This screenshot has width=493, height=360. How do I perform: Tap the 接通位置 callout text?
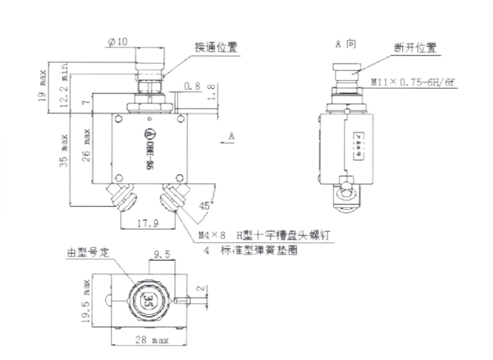[216, 47]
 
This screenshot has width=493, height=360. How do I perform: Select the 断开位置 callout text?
[415, 48]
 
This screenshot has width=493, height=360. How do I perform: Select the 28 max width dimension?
[151, 341]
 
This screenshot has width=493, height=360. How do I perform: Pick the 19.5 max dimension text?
[87, 299]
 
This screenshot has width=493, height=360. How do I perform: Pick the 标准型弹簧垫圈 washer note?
[263, 250]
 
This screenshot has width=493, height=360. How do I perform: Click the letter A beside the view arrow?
[233, 133]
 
